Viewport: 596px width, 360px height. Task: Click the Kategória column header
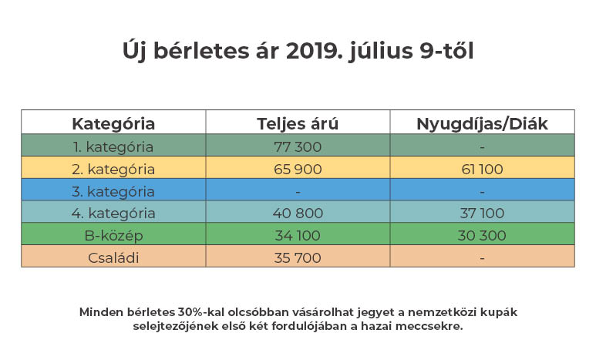113,123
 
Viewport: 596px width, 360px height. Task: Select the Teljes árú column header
297,123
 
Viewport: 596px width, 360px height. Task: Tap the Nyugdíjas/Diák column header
482,123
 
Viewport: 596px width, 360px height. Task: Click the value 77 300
297,146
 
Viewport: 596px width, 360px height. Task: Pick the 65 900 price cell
297,168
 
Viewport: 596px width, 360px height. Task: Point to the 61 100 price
482,168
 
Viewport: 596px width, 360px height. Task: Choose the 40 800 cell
297,213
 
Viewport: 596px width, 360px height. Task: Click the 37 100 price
482,213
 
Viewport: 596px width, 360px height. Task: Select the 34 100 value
297,235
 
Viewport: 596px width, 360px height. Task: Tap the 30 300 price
482,235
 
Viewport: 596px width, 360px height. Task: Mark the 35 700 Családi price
297,257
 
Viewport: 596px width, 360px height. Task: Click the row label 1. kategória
113,146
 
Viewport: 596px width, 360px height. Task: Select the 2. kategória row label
113,168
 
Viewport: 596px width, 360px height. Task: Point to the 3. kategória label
113,190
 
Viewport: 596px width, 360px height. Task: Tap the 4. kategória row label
113,213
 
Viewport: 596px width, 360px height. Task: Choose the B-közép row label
113,235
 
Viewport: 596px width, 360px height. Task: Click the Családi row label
113,257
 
